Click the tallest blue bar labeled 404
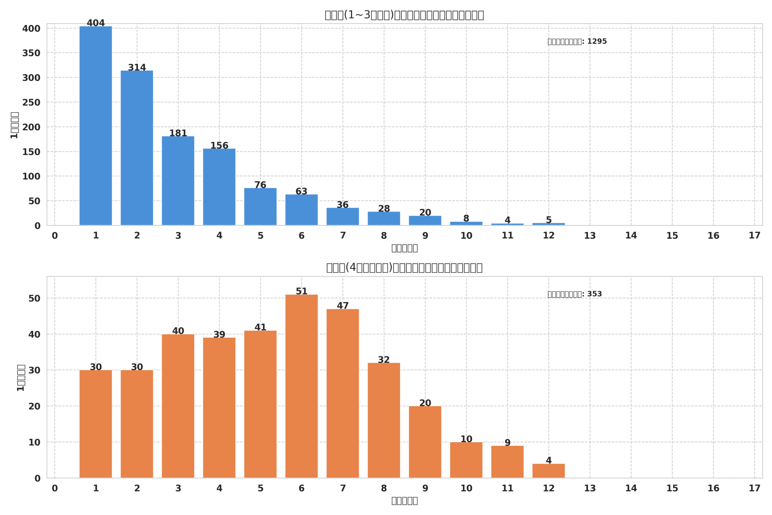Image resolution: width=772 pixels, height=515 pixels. (96, 126)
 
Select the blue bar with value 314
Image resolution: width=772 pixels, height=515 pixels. (137, 148)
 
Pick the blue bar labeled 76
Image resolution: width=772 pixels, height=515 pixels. (260, 207)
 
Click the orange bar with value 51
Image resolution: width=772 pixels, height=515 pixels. (301, 386)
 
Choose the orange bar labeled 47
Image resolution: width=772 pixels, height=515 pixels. (343, 393)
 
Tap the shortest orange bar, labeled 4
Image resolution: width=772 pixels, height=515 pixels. (549, 471)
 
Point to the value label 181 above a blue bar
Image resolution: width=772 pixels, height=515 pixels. (178, 133)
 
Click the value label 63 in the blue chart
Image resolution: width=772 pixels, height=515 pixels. (301, 192)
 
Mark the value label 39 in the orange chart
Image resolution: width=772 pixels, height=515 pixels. (219, 335)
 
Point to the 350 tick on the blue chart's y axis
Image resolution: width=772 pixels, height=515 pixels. (31, 53)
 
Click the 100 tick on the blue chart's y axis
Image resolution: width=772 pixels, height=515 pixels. (31, 176)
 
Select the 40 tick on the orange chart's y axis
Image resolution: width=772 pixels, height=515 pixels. (34, 335)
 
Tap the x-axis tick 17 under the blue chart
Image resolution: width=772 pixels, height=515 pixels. (754, 236)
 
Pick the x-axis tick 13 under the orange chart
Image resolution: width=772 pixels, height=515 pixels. (590, 488)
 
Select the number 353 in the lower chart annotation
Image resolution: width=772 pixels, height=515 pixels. (594, 294)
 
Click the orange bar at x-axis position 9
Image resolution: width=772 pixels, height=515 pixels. (425, 442)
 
